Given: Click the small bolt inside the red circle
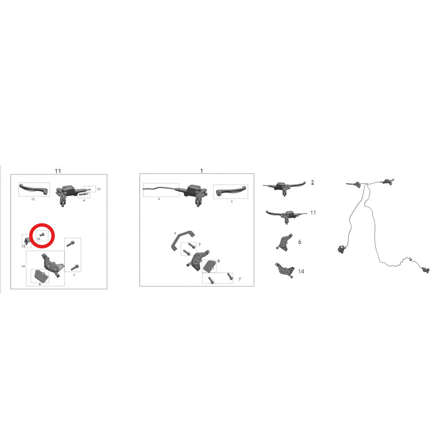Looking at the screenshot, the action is (42, 234).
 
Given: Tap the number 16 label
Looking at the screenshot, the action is (38, 239).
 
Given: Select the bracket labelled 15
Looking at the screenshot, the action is (27, 241).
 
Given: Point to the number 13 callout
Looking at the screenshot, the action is (99, 189).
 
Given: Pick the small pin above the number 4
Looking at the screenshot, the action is (84, 194).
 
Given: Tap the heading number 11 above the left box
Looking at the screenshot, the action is (58, 171).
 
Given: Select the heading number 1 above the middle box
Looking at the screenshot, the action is (201, 171).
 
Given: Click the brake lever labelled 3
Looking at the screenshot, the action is (231, 191).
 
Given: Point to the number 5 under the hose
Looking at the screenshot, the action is (159, 199).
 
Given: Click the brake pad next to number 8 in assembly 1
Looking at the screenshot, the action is (209, 266).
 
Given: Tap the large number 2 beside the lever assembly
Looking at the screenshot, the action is (312, 183).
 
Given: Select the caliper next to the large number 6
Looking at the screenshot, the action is (284, 242).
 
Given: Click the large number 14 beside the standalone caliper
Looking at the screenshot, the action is (301, 271).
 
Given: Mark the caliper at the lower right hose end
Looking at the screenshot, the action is (426, 270).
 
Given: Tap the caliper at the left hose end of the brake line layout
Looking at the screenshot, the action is (341, 249).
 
